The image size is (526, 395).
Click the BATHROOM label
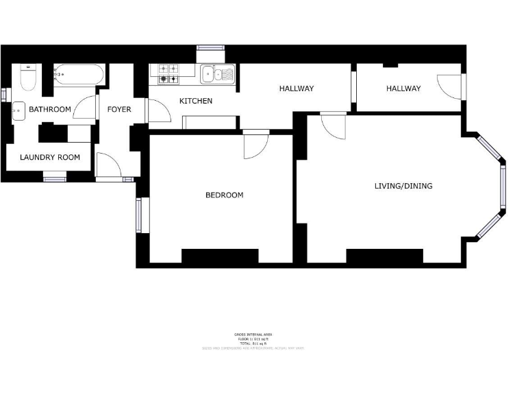pos(50,110)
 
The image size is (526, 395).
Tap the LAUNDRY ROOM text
pos(50,158)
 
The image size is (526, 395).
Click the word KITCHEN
pos(196,101)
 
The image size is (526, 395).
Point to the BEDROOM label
pos(225,195)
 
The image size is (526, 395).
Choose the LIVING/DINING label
pos(403,186)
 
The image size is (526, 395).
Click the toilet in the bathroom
pos(28,80)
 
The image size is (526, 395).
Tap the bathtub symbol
pos(79,74)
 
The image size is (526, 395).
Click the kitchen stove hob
pos(168,74)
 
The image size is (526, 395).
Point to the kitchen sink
pos(218,74)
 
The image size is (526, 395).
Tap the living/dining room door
pos(334,126)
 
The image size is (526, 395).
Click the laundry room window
pos(54,180)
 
